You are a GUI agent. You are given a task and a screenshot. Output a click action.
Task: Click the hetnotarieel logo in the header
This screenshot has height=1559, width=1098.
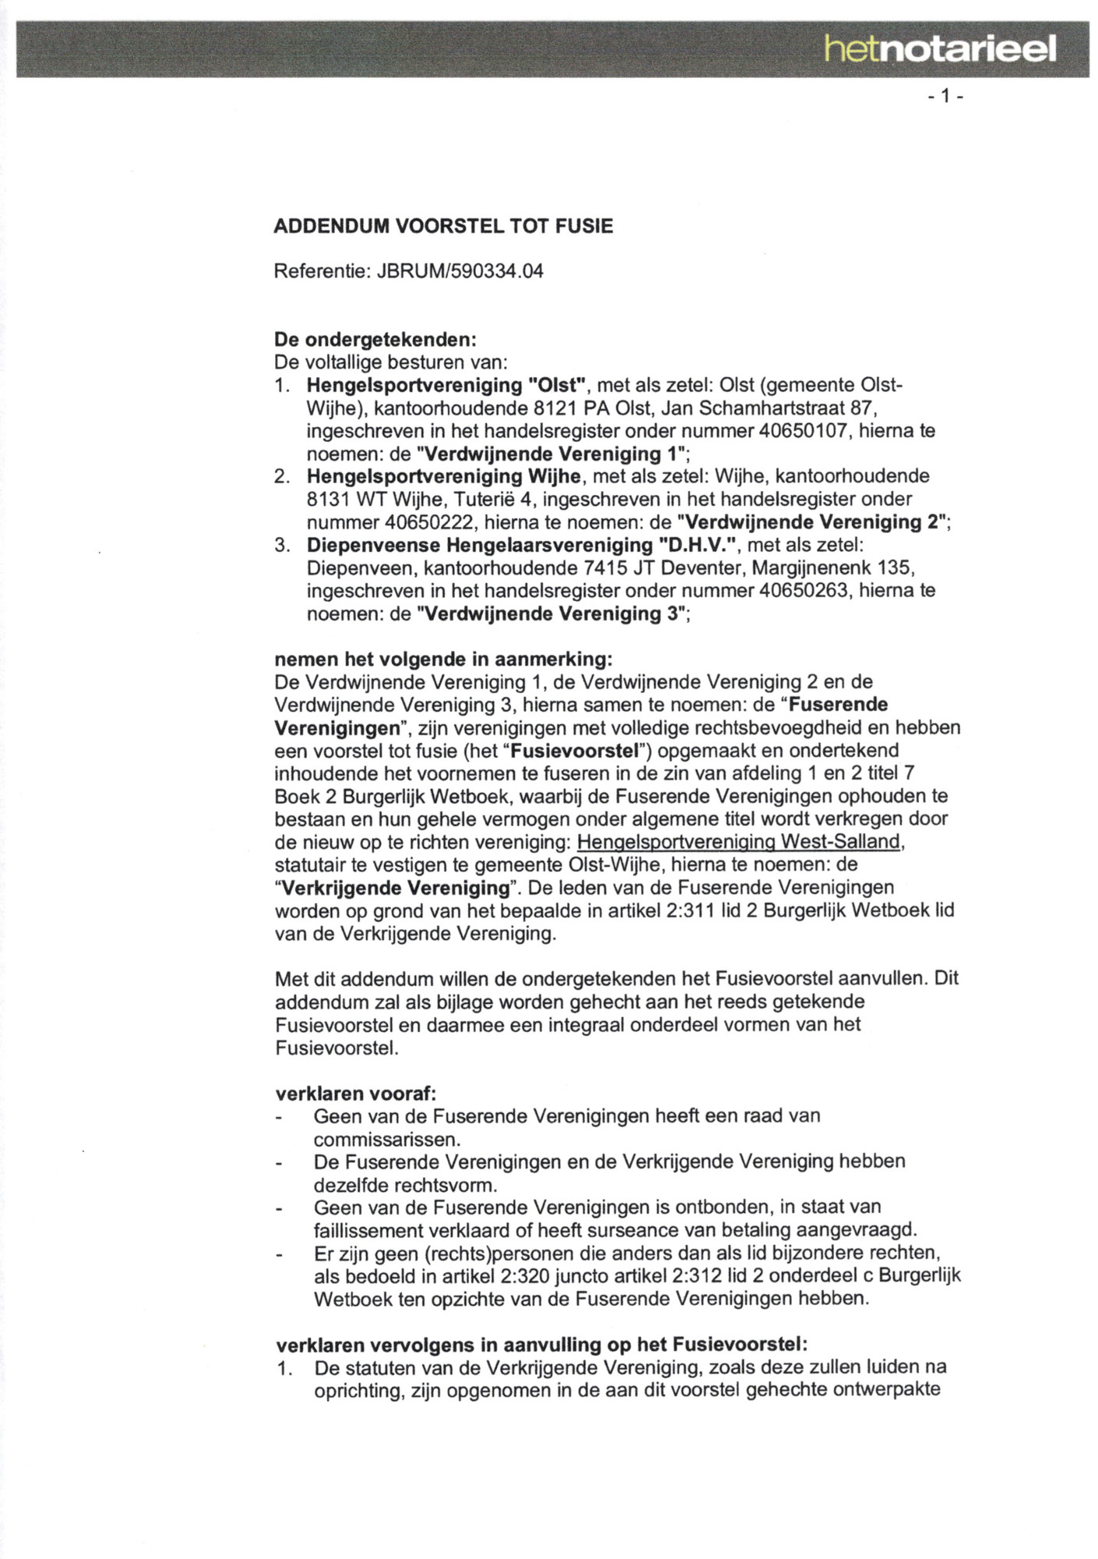point(940,50)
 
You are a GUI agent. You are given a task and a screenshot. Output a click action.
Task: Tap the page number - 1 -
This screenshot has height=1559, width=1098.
point(946,97)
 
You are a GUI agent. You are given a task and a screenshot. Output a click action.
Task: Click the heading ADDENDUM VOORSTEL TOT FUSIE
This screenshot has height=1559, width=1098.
point(443,226)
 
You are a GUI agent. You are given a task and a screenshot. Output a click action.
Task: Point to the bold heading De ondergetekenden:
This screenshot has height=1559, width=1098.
point(375,340)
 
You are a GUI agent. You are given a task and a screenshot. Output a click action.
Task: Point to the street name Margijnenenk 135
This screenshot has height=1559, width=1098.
point(828,567)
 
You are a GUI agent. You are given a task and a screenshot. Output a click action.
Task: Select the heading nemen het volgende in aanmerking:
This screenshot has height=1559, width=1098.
point(443,659)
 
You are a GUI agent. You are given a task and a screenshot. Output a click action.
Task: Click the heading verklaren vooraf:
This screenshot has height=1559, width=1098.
point(355,1093)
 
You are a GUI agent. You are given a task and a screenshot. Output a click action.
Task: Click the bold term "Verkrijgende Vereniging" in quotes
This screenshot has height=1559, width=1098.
point(392,888)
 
